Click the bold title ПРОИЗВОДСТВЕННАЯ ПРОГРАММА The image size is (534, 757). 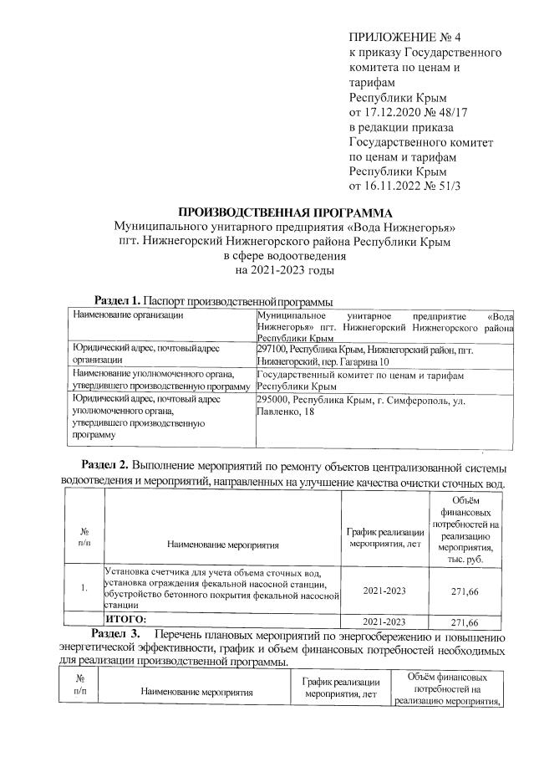click(x=284, y=212)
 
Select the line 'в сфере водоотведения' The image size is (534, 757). click(x=283, y=256)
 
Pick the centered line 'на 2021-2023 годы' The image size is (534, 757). click(x=285, y=270)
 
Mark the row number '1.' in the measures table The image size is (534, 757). click(x=84, y=587)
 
